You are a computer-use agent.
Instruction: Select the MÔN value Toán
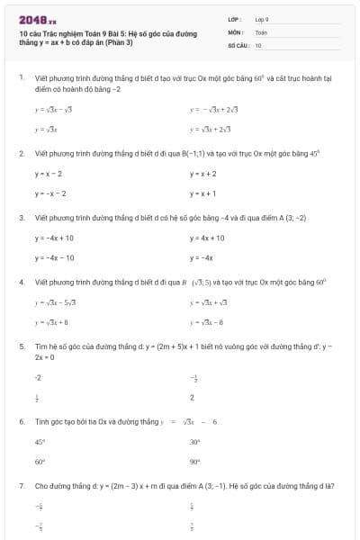261,31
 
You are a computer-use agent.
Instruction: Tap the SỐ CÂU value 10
258,44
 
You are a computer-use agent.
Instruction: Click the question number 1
21,78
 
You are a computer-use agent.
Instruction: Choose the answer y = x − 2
49,173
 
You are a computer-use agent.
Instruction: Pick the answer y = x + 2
203,173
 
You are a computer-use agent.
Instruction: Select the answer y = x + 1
203,193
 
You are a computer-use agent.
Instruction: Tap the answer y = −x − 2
50,193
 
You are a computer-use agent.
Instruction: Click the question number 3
21,218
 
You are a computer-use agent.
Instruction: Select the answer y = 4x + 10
207,238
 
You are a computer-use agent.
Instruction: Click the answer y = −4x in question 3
201,258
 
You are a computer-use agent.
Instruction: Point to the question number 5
21,346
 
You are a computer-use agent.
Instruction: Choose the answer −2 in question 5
38,377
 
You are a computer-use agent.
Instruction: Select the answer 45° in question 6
40,442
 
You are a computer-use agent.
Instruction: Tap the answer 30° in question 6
195,442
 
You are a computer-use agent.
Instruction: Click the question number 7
21,486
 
